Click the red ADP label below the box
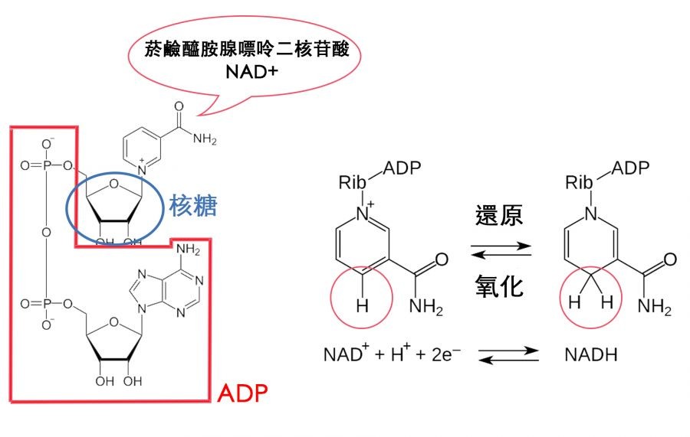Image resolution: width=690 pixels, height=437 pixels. [x=242, y=393]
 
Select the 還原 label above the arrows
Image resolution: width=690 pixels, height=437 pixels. [x=498, y=215]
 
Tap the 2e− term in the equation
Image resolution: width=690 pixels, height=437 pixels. [x=442, y=356]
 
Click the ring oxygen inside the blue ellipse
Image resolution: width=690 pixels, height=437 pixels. [x=113, y=183]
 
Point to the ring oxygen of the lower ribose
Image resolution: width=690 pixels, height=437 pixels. [x=113, y=323]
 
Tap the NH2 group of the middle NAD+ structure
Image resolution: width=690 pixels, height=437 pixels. [x=426, y=308]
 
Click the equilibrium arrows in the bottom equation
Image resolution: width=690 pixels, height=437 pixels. [x=499, y=356]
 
